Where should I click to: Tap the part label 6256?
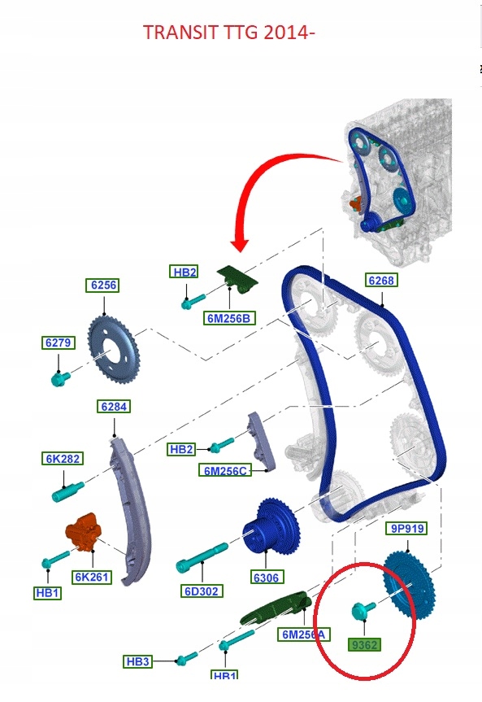(x=102, y=286)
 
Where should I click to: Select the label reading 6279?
(x=58, y=343)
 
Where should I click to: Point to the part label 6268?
(x=380, y=281)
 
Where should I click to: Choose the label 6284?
(x=114, y=406)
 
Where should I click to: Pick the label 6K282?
(x=62, y=459)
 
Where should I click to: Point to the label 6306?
(x=266, y=578)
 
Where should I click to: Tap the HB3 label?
(x=139, y=661)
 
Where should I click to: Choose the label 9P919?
(x=407, y=529)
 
